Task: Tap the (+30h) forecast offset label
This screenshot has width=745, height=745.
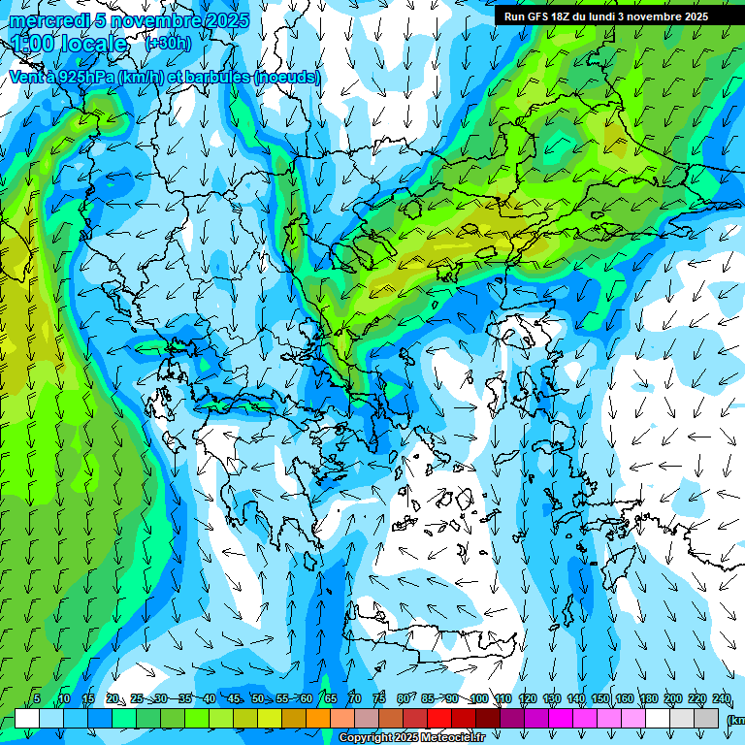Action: (x=168, y=43)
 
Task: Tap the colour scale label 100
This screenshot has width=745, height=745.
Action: (x=479, y=698)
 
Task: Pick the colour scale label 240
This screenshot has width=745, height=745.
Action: (x=722, y=698)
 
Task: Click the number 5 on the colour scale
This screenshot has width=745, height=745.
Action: (x=37, y=698)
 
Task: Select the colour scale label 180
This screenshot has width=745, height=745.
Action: (x=649, y=698)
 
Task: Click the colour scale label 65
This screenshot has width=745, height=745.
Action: (x=331, y=698)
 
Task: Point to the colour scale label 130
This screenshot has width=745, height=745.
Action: (x=552, y=698)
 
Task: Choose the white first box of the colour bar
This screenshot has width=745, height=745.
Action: (x=27, y=718)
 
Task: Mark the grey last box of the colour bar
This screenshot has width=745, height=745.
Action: (x=706, y=718)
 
